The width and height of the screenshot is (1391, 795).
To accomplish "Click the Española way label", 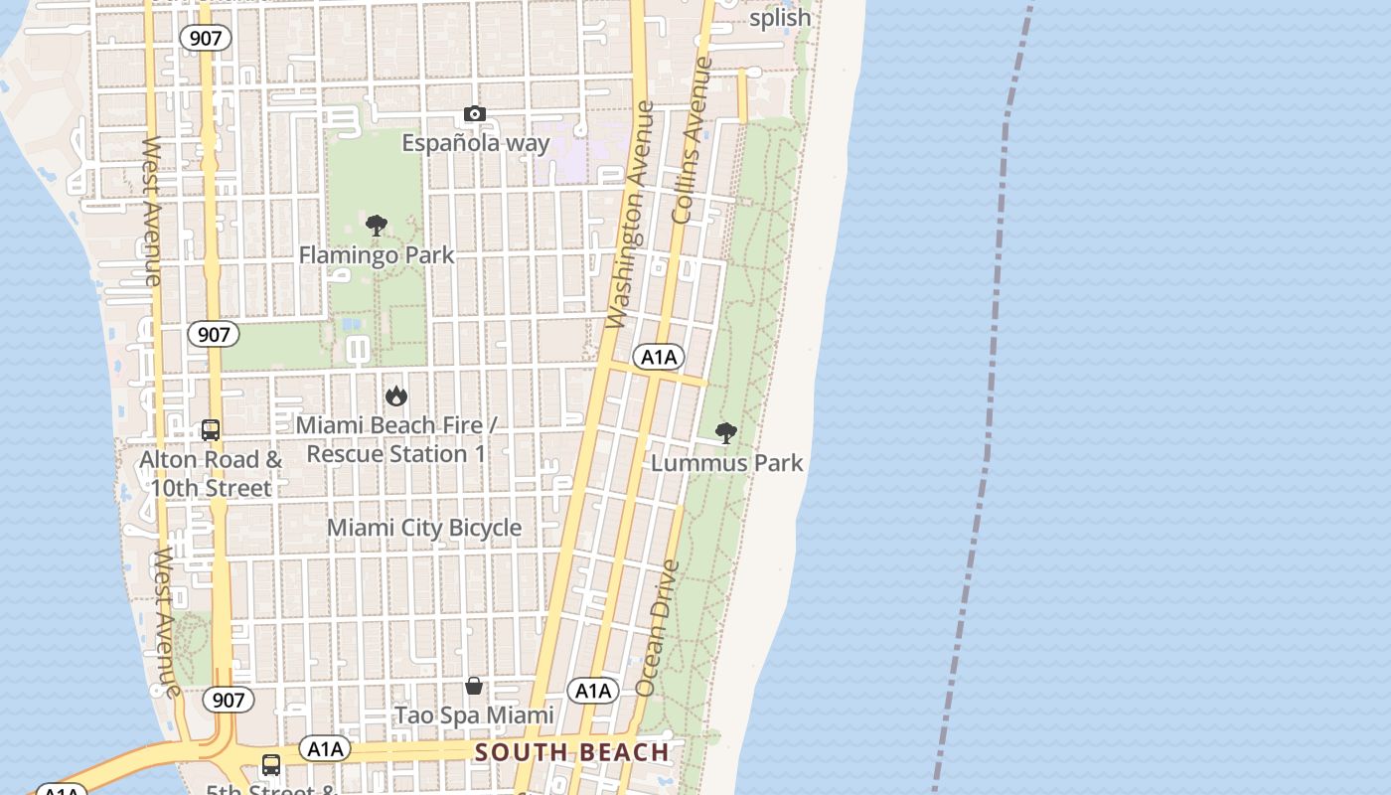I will [x=475, y=143].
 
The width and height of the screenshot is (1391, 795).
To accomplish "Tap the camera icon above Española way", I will [x=475, y=114].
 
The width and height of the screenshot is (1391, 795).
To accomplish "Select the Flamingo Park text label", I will [x=377, y=255].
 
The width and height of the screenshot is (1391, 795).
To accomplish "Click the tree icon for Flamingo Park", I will [x=376, y=227].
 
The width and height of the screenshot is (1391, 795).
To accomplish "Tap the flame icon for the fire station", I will [x=396, y=397].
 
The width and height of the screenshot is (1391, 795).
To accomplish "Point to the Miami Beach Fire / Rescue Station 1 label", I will [x=396, y=439].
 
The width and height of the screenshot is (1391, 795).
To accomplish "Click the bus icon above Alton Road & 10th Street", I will [x=211, y=430].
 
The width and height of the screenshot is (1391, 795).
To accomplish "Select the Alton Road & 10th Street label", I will [x=211, y=474].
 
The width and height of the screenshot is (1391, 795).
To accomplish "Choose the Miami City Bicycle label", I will [x=424, y=528].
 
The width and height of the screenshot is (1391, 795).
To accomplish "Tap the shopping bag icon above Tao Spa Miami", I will [x=474, y=686].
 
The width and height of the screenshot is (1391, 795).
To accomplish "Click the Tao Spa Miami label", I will [x=474, y=715].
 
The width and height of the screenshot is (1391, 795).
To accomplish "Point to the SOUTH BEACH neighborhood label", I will [x=572, y=752].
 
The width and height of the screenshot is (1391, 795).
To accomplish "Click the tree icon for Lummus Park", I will [x=726, y=432].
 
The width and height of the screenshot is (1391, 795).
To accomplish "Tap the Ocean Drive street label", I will [x=658, y=628].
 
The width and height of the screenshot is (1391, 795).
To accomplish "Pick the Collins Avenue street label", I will [x=693, y=139].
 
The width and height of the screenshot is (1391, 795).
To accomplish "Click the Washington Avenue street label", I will [x=631, y=214].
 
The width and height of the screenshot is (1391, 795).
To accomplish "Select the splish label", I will [x=780, y=18].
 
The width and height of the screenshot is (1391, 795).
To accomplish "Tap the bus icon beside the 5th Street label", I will [x=270, y=765].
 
